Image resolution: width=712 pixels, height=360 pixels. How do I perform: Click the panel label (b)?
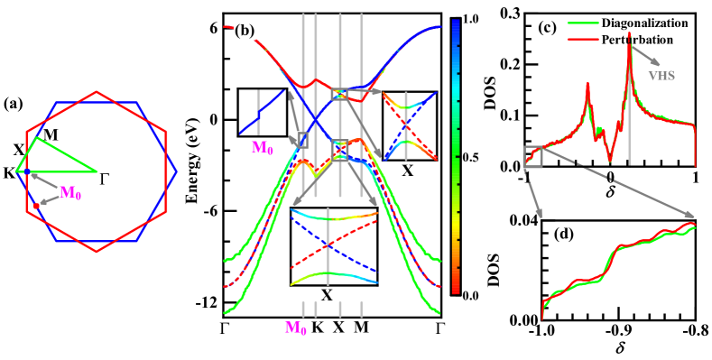click(x=245, y=30)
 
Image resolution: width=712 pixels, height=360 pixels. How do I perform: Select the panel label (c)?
click(x=547, y=27)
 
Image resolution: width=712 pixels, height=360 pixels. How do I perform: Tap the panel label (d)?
click(x=564, y=234)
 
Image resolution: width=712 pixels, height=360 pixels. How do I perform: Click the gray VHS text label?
click(x=661, y=76)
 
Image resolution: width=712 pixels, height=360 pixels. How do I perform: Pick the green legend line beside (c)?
click(x=583, y=24)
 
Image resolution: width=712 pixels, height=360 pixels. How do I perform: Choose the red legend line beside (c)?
click(x=583, y=39)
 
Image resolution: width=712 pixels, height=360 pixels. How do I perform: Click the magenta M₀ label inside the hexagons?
click(x=70, y=191)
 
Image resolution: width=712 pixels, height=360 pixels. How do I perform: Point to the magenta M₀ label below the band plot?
click(x=295, y=328)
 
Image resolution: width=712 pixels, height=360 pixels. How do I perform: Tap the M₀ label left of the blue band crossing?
click(x=262, y=147)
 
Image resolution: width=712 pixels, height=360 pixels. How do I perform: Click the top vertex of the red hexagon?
click(x=97, y=90)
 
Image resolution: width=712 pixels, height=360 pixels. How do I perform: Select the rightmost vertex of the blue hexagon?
click(x=177, y=171)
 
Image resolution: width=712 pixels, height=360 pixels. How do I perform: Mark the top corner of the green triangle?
click(x=36, y=137)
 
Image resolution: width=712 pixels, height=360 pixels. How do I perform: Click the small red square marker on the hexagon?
click(x=36, y=207)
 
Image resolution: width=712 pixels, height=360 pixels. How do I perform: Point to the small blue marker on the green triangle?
click(x=27, y=171)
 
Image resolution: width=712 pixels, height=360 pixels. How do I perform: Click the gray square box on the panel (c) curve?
click(x=532, y=158)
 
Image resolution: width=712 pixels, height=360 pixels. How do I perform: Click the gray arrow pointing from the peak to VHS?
click(x=643, y=57)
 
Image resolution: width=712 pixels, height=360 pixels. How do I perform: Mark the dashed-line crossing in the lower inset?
click(x=328, y=244)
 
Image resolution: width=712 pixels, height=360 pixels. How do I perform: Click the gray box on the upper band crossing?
click(x=339, y=93)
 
